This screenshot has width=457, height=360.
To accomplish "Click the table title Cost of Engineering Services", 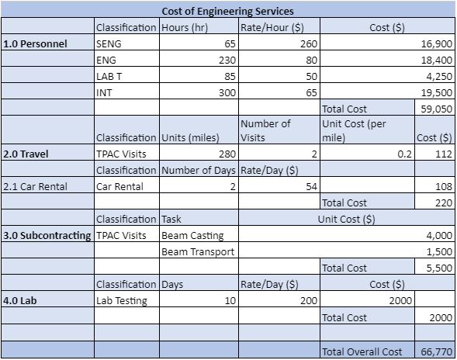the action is (x=227, y=12).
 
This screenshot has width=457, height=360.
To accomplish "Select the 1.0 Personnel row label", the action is (x=35, y=43).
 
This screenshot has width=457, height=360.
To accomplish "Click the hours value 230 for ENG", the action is (x=227, y=60).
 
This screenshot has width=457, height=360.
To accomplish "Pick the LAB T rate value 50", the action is (x=311, y=76).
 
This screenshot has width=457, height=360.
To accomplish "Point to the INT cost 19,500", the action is (x=437, y=92).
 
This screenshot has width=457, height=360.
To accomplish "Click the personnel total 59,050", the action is (x=437, y=109).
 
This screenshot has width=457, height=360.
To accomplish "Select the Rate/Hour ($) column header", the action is (x=272, y=28).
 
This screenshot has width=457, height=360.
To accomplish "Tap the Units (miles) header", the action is (x=190, y=137).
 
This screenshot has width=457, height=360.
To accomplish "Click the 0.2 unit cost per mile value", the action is (x=405, y=154).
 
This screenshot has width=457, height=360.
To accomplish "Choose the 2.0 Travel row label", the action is (x=26, y=154).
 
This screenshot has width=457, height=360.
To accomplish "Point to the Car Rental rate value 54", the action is (x=311, y=186).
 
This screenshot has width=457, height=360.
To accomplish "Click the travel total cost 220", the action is (x=444, y=202).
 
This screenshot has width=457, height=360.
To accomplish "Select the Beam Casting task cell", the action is (x=192, y=236).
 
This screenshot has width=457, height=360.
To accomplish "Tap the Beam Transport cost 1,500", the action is (x=439, y=252).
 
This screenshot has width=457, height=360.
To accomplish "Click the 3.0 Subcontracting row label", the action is (x=47, y=236).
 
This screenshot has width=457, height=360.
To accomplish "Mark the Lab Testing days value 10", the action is (x=230, y=301).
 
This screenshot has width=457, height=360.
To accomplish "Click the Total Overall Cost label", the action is (x=362, y=352).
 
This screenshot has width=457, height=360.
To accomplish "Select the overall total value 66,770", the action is (x=437, y=352).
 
